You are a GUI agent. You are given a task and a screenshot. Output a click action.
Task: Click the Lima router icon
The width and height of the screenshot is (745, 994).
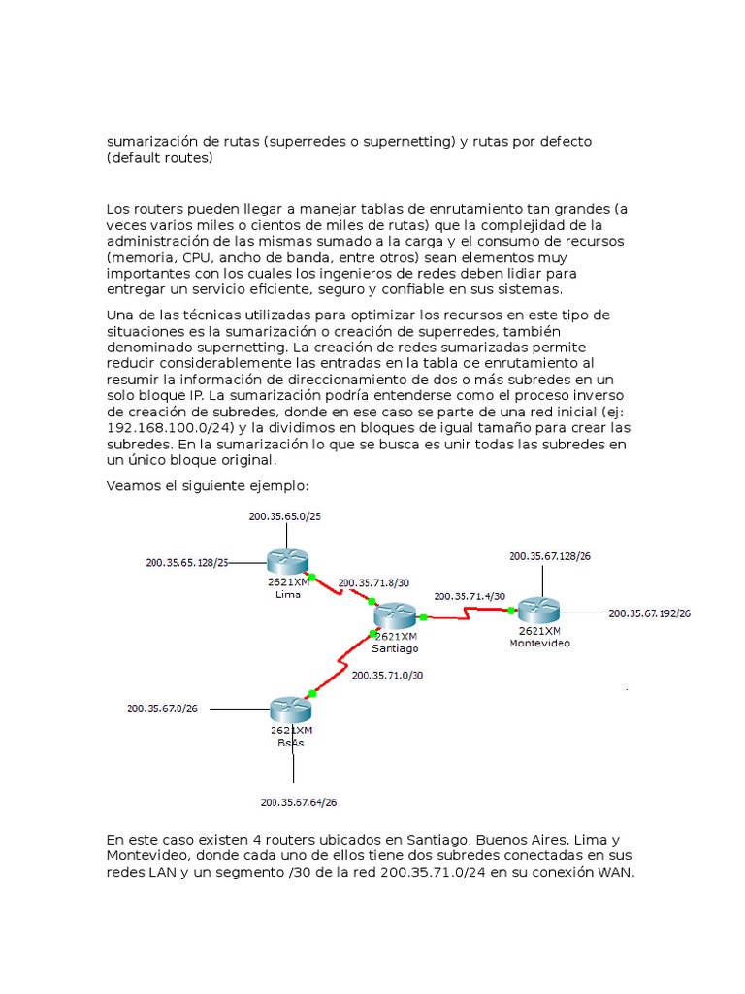pos(288,560)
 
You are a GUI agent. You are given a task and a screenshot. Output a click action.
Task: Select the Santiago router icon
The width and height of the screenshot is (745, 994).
pos(395,614)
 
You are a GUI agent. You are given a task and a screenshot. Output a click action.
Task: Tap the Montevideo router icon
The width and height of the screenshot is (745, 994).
pos(539,611)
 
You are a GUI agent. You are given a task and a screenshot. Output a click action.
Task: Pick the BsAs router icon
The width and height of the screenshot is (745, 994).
pos(290,709)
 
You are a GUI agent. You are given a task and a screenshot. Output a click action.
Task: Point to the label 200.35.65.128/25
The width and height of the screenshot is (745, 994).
pos(186,562)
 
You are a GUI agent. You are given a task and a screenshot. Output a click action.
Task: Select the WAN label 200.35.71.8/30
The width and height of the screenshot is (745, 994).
pos(373,583)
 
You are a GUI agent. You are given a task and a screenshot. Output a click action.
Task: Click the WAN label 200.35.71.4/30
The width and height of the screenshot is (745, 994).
pos(470,596)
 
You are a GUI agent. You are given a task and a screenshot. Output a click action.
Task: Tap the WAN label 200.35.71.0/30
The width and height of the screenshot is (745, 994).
pos(387,675)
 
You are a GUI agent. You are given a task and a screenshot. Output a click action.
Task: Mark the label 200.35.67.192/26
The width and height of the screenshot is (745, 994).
pos(648,613)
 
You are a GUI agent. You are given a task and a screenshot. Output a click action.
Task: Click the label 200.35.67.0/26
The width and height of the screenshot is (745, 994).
pos(162,709)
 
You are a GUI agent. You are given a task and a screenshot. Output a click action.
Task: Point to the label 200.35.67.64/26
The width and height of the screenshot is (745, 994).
pos(298,802)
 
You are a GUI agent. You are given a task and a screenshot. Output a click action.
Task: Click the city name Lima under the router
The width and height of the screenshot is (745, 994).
pos(288,594)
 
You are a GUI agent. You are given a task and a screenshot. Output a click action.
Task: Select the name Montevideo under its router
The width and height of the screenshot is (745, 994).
pos(539,643)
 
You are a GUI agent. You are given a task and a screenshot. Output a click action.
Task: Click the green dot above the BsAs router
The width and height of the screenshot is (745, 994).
pos(311,693)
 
